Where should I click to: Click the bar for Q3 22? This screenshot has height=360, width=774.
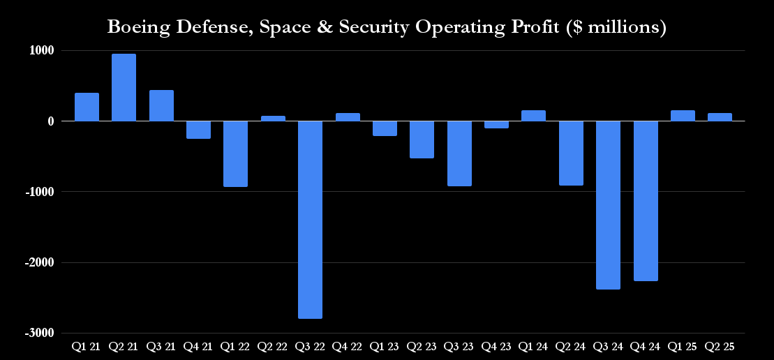[x=310, y=220]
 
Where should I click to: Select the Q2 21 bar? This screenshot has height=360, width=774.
[x=124, y=87]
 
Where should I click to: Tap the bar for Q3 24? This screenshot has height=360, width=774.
[x=608, y=205]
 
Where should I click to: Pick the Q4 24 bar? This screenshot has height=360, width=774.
[x=646, y=201]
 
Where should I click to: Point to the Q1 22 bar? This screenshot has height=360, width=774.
[x=235, y=153]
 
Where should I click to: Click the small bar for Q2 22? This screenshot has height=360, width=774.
[x=273, y=119]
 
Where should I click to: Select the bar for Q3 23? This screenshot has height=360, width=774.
[x=459, y=153]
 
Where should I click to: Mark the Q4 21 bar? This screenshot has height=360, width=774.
[x=198, y=130]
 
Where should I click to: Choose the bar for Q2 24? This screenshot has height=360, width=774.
[x=571, y=153]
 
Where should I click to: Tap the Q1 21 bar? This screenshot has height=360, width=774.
[x=87, y=107]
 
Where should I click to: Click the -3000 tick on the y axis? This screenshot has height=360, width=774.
[x=40, y=333]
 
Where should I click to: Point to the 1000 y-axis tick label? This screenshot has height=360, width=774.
[x=43, y=50]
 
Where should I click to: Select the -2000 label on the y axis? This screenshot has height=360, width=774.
[x=40, y=263]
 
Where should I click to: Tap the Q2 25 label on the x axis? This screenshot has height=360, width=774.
[x=720, y=346]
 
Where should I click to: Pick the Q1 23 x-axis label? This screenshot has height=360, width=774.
[x=385, y=346]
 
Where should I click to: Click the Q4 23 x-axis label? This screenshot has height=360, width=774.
[x=496, y=346]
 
